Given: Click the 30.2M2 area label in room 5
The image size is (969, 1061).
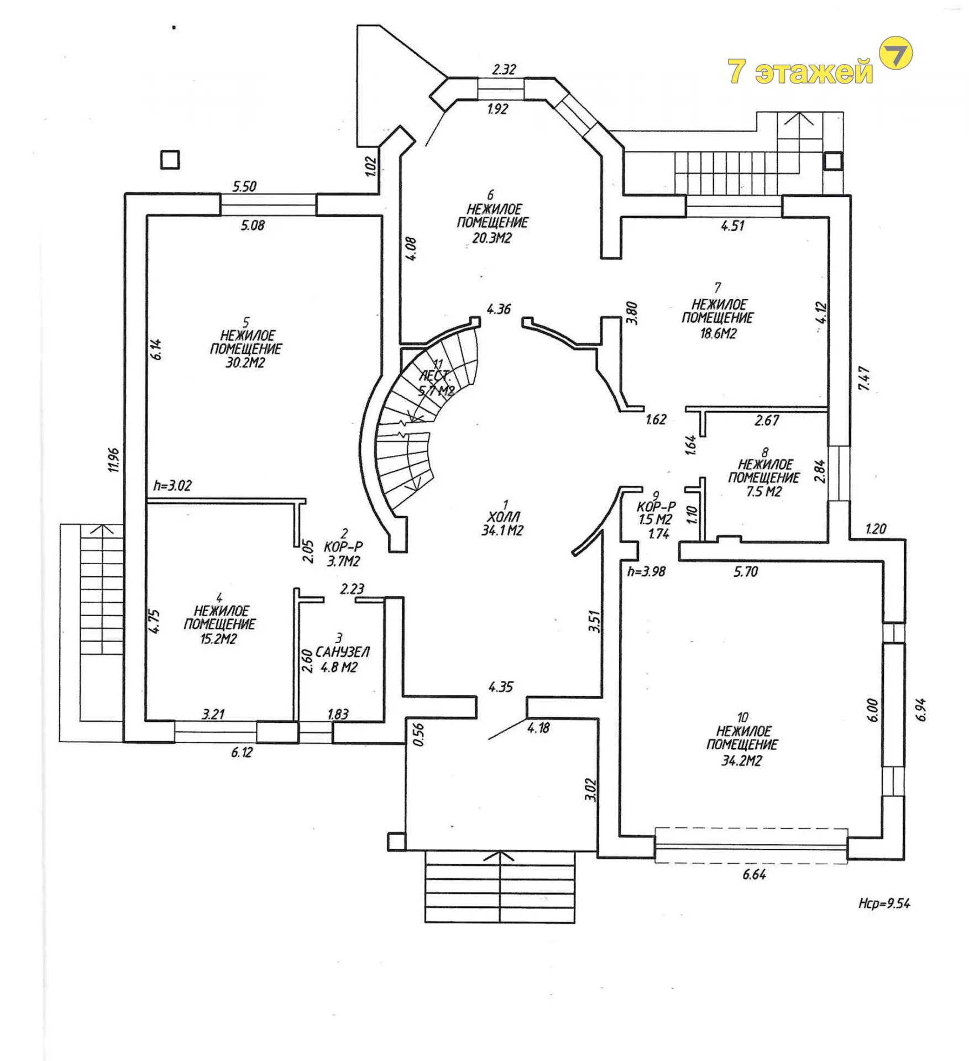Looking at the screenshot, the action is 245,363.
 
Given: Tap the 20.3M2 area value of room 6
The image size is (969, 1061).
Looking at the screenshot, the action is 491,238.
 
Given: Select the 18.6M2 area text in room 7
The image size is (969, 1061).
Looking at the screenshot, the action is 718,333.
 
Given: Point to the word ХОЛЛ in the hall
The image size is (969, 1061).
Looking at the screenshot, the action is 503,517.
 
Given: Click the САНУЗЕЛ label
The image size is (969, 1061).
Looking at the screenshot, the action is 342,652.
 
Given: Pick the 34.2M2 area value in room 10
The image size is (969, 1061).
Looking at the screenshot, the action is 741,761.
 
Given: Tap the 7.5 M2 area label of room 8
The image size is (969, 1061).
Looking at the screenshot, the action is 763,491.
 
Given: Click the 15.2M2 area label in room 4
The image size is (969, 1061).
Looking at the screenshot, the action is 219,639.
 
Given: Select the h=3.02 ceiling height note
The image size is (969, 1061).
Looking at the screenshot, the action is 172,486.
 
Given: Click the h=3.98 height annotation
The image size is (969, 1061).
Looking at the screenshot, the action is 646,571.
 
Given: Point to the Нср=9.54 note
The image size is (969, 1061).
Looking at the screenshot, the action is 884,903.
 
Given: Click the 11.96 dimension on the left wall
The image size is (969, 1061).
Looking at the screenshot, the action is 114,460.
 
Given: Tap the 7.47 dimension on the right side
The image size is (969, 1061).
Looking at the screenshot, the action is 865,379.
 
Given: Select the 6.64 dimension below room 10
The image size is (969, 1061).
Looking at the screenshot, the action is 755,874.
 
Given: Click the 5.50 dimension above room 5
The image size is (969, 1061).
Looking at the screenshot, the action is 244,186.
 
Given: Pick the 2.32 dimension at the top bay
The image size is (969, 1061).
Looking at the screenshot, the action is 504,70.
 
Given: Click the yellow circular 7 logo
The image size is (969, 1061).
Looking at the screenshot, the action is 895,54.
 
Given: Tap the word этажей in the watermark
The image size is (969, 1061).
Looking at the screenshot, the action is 814,72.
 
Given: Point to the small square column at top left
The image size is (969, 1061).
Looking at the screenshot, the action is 170,160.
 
